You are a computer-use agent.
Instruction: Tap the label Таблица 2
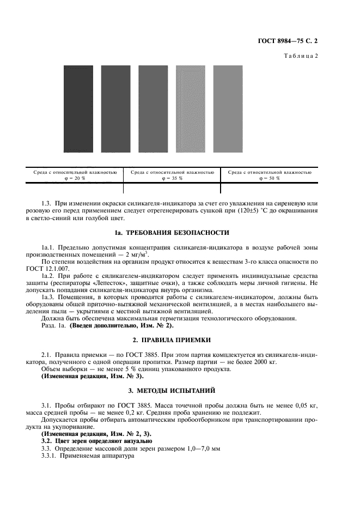[x=317, y=56]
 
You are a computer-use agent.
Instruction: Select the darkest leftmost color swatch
[x=78, y=109]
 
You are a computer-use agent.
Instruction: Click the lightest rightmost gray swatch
[x=228, y=109]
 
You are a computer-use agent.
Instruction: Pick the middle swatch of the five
[x=153, y=109]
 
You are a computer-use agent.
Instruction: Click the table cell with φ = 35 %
[x=172, y=175]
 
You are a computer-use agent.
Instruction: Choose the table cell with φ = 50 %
[x=270, y=175]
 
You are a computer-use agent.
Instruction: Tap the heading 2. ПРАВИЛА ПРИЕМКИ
[x=180, y=339]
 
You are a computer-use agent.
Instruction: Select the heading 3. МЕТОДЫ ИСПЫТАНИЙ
[x=180, y=391]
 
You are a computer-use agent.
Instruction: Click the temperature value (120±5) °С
[x=261, y=211]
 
